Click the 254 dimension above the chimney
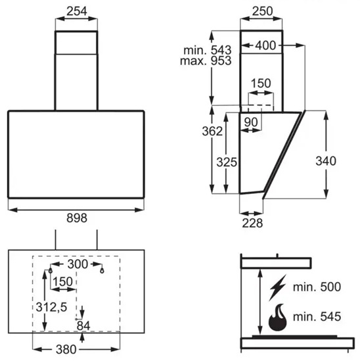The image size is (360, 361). [77, 11]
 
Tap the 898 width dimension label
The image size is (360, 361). [77, 218]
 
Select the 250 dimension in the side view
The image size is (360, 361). [262, 11]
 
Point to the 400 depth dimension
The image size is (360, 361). [265, 45]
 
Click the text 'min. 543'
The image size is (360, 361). [208, 50]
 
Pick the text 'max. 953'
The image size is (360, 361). [206, 60]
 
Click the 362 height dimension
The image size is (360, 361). [212, 132]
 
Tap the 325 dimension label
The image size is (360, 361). [227, 162]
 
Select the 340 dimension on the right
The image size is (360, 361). [326, 160]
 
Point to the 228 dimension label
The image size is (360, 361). [252, 223]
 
